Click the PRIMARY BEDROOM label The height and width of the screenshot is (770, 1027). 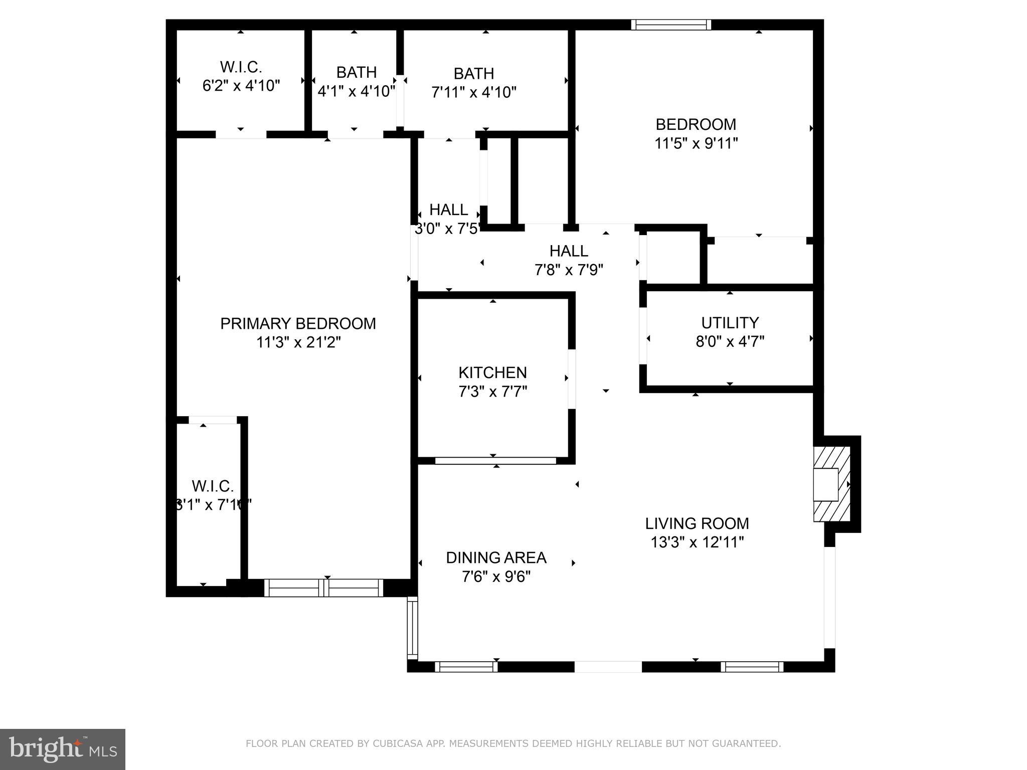tap(298, 323)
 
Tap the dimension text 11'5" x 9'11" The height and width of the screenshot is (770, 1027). tap(696, 144)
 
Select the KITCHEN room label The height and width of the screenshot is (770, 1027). tap(492, 372)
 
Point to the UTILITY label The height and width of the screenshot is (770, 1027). tap(730, 322)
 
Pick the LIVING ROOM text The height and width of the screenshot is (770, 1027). tap(697, 523)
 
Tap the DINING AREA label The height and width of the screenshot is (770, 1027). tap(496, 557)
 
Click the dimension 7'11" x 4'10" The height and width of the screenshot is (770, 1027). tap(473, 93)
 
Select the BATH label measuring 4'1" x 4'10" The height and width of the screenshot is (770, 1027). tap(356, 73)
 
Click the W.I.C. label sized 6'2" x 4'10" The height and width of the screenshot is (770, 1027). tap(241, 67)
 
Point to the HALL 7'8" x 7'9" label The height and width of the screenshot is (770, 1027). tap(569, 251)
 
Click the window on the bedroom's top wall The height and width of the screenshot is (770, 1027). tap(670, 25)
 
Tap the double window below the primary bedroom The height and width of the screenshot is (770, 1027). tap(323, 588)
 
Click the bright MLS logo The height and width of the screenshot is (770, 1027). tap(62, 749)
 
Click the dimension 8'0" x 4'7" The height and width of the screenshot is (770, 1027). tap(730, 342)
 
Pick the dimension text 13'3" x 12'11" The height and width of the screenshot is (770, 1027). tap(697, 542)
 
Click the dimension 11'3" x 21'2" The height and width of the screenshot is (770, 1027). tap(298, 343)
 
